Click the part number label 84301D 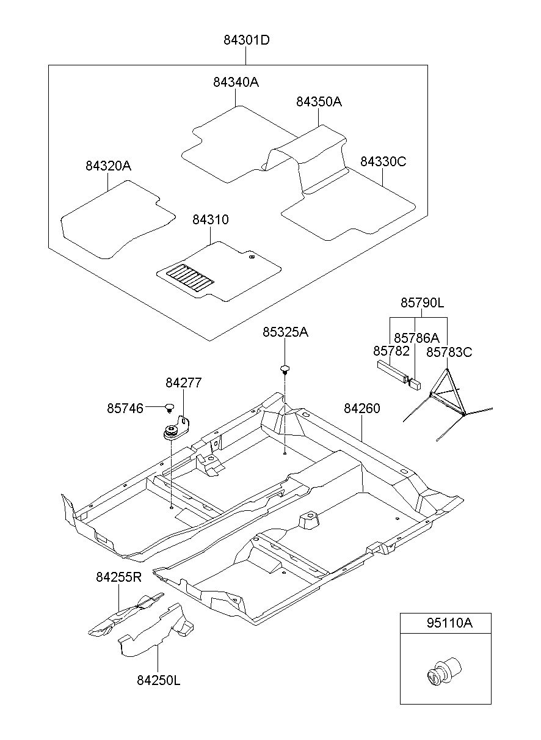coord(246,40)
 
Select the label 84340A coord(236,82)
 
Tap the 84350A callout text coord(319,101)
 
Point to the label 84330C coord(383,161)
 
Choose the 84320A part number coord(108,166)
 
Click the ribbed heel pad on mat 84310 coord(190,278)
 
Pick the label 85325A coord(285,332)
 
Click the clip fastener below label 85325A coord(285,369)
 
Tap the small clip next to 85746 coord(170,408)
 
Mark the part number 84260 coord(361,409)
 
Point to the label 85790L coord(422,302)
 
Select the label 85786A coord(416,338)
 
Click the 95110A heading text coord(449,623)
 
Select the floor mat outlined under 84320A coord(118,219)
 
